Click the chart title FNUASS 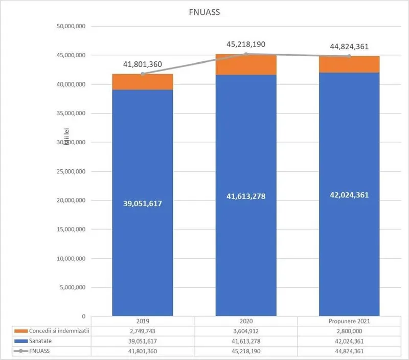[204, 12]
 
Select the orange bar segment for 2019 [143, 82]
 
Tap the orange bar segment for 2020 [246, 64]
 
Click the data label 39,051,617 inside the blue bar [143, 204]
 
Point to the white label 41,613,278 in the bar [246, 196]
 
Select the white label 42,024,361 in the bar [349, 195]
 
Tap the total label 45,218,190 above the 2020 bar [246, 44]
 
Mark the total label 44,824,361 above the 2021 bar [349, 47]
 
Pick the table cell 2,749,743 [143, 331]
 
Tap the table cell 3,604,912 [246, 331]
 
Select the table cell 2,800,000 [349, 331]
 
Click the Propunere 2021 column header [349, 321]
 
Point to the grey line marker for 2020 [246, 54]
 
